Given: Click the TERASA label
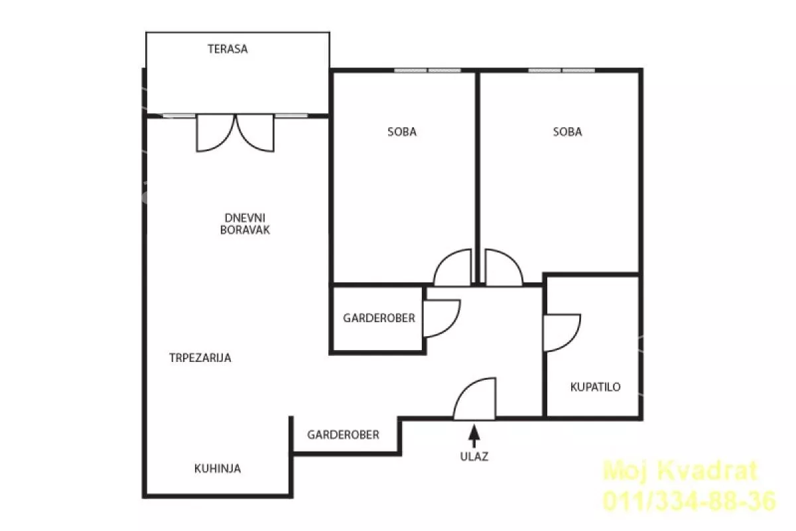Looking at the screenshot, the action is [x=228, y=49].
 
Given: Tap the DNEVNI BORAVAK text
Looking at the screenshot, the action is [x=245, y=224].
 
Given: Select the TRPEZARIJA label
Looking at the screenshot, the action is [x=200, y=358].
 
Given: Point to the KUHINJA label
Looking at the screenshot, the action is [x=218, y=469].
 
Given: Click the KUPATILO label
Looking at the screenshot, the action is [x=595, y=386].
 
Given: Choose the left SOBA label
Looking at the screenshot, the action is [x=402, y=132].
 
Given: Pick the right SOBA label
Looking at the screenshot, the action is [x=568, y=132].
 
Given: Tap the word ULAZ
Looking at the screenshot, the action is [x=474, y=456].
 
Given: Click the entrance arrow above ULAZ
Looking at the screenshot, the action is [x=474, y=436].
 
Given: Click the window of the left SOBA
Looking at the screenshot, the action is [x=427, y=70].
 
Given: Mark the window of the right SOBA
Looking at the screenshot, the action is [x=561, y=70].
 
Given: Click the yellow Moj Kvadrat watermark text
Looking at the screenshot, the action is [x=681, y=471].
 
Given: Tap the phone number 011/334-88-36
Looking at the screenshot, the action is [x=689, y=501].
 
